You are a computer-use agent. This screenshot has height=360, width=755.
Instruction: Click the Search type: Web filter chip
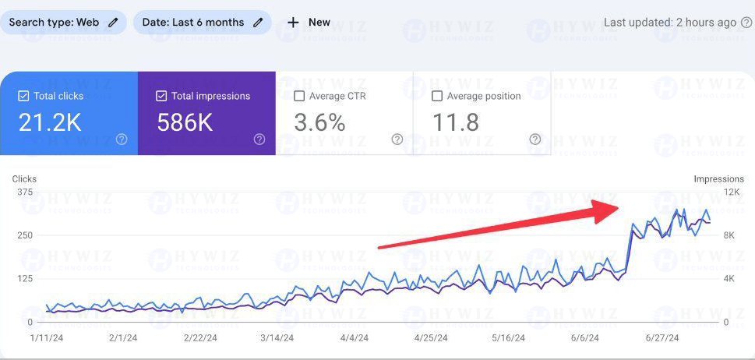pyautogui.click(x=63, y=23)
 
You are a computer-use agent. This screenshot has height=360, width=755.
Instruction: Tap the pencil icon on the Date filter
pyautogui.click(x=259, y=23)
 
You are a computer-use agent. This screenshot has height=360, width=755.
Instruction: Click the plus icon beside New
pyautogui.click(x=293, y=23)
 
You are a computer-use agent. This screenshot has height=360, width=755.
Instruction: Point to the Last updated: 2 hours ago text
pyautogui.click(x=670, y=23)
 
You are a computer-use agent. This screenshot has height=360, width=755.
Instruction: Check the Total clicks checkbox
pyautogui.click(x=23, y=97)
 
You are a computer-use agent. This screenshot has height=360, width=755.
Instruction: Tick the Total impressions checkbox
pyautogui.click(x=161, y=97)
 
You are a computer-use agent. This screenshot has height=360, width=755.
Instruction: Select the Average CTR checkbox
pyautogui.click(x=299, y=97)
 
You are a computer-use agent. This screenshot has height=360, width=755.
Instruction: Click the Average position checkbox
pyautogui.click(x=437, y=97)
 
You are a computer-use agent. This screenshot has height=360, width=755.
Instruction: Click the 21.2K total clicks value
pyautogui.click(x=50, y=123)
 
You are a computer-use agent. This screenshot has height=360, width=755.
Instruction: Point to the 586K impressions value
pyautogui.click(x=185, y=123)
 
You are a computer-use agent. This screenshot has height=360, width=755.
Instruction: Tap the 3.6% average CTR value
pyautogui.click(x=319, y=123)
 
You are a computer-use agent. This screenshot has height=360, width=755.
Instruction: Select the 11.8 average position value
pyautogui.click(x=456, y=123)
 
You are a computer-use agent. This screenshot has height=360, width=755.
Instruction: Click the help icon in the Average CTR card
pyautogui.click(x=397, y=139)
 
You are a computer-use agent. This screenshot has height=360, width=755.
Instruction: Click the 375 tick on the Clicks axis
pyautogui.click(x=25, y=192)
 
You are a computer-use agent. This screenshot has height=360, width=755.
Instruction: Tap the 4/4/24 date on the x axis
pyautogui.click(x=355, y=338)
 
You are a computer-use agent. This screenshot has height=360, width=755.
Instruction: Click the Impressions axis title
pyautogui.click(x=719, y=179)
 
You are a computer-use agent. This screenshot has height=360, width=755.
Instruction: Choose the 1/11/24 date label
pyautogui.click(x=48, y=338)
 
